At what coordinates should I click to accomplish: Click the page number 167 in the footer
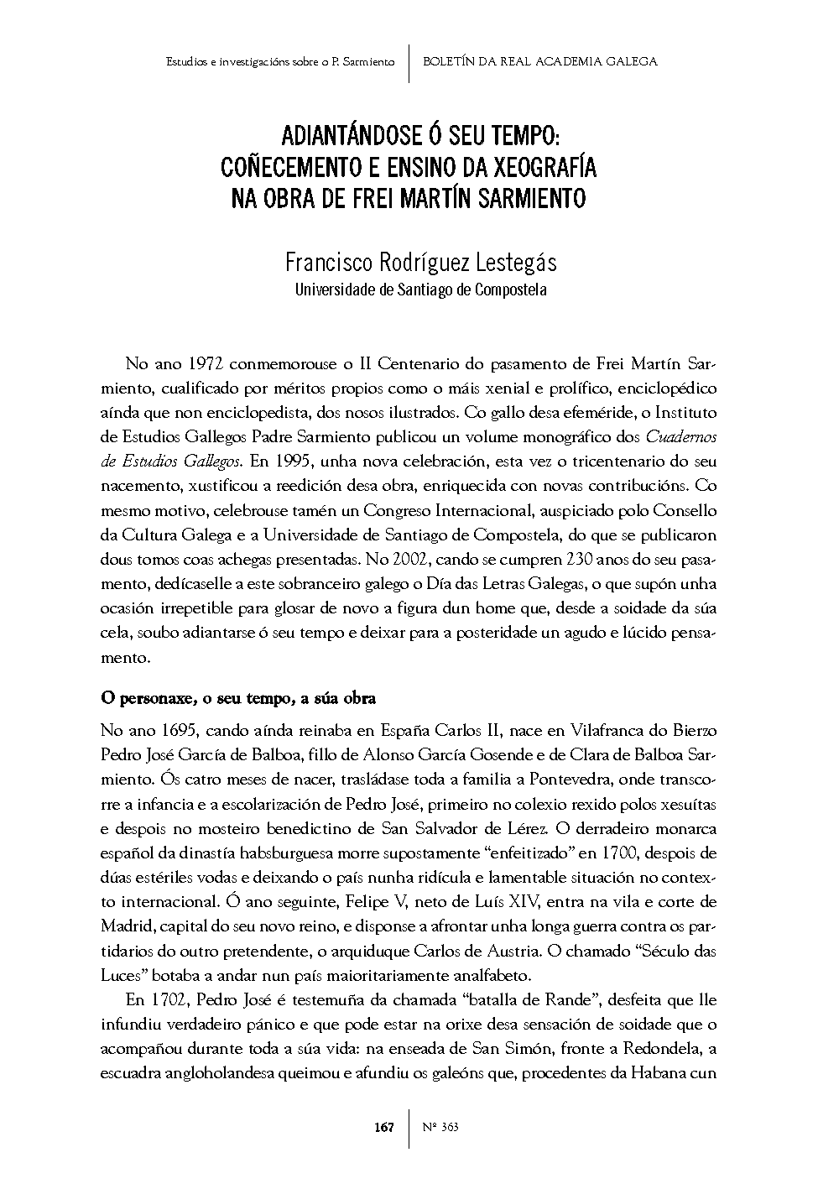(x=384, y=1127)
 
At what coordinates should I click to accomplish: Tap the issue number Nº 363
(x=440, y=1127)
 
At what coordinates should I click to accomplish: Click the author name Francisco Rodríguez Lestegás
(x=420, y=263)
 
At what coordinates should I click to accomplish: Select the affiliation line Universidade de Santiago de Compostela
(x=420, y=290)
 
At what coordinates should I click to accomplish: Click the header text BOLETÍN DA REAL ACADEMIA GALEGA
(x=540, y=61)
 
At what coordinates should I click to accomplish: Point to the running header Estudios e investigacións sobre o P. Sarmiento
(x=280, y=62)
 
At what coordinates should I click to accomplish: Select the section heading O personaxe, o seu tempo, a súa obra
(x=237, y=698)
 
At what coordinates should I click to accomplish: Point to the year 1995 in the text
(x=294, y=461)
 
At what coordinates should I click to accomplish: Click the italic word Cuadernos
(x=681, y=436)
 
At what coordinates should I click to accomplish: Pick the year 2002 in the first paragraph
(x=409, y=559)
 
